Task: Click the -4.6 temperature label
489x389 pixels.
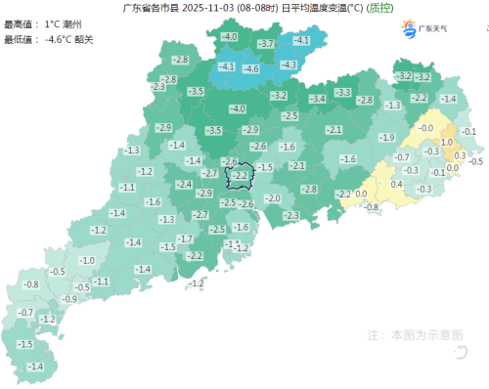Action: (250, 69)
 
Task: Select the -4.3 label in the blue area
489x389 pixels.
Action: (289, 65)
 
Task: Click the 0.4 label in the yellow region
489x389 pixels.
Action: (396, 185)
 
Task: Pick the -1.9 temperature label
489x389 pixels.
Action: (387, 138)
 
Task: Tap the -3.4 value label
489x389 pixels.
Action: (317, 100)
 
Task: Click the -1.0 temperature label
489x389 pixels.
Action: (87, 261)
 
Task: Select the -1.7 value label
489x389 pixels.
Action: (184, 239)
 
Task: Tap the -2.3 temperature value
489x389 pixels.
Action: (290, 215)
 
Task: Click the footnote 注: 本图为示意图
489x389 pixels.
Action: (415, 334)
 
